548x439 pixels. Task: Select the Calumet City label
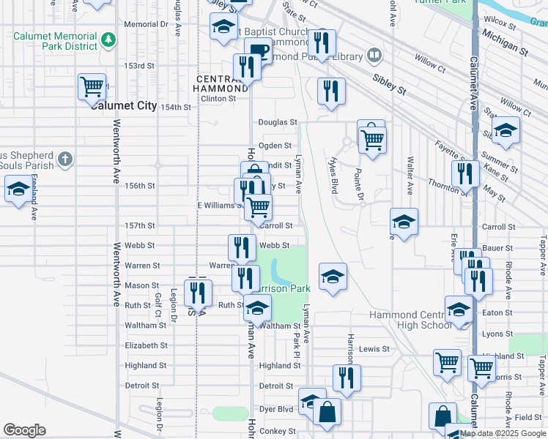125,105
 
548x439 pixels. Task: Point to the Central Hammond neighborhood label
220,83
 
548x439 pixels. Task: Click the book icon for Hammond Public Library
374,56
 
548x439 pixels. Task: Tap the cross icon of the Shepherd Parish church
65,158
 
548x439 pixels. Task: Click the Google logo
24,430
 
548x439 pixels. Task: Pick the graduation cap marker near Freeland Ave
18,191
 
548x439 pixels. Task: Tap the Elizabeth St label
147,345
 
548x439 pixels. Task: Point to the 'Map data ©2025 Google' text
502,433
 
